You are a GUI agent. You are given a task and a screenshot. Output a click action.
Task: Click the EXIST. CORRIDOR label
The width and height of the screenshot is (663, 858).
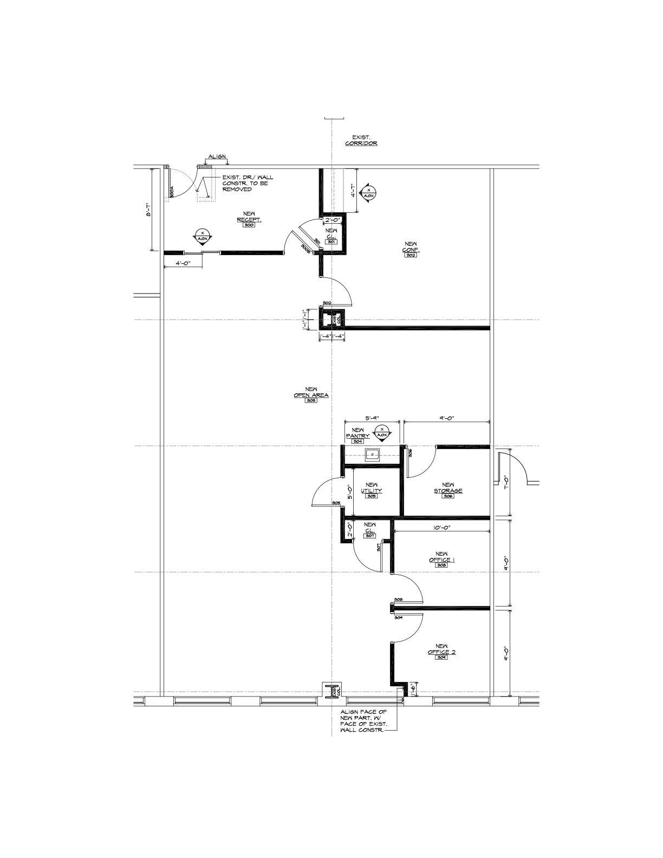[361, 141]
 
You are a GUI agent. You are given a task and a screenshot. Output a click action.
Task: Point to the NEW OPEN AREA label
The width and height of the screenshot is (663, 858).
[311, 393]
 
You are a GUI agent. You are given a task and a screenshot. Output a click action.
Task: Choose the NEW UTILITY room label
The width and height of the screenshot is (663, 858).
[372, 489]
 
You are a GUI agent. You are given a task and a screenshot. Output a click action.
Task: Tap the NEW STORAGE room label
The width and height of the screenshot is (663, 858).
[448, 489]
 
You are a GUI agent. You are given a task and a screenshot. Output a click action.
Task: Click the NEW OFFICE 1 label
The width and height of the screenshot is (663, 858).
[441, 557]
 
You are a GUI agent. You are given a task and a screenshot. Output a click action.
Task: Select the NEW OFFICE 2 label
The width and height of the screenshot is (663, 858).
[441, 649]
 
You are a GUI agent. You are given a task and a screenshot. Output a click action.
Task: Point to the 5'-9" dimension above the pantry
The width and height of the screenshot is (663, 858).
[372, 418]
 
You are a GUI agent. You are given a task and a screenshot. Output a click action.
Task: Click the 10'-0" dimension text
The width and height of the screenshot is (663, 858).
[441, 527]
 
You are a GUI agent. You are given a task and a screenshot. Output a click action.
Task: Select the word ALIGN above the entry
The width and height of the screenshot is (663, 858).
[217, 157]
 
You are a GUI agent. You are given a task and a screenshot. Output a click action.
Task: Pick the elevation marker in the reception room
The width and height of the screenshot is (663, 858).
[203, 236]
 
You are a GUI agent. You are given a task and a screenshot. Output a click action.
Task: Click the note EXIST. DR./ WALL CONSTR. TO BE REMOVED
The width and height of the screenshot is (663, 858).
[248, 183]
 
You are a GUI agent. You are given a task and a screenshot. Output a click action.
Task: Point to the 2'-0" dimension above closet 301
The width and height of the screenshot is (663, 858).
[332, 220]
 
